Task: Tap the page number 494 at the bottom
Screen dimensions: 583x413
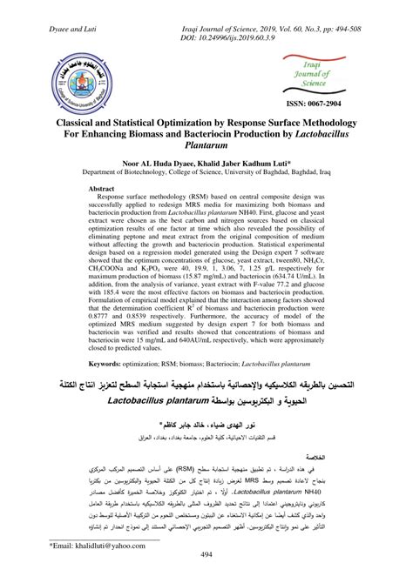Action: (206, 555)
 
